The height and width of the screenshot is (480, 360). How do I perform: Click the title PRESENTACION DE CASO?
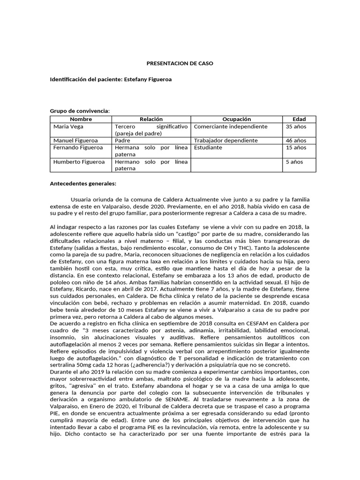point(180,63)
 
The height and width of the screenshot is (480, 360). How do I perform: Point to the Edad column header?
point(299,120)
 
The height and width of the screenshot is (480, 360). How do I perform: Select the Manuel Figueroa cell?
point(73,140)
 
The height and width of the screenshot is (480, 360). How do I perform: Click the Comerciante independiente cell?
point(231,127)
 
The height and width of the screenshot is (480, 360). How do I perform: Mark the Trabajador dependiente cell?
point(226,140)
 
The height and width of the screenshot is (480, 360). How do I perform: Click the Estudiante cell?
point(208,147)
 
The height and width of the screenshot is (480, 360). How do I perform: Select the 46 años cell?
point(296,140)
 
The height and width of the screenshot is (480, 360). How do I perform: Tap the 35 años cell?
point(296,127)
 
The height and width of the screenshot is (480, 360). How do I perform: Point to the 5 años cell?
point(294,162)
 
